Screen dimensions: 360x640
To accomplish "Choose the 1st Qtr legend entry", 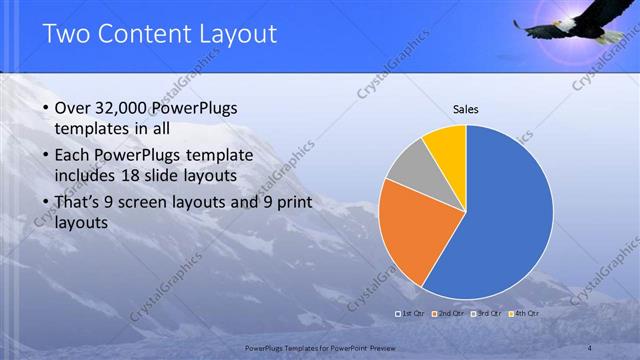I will (x=411, y=313).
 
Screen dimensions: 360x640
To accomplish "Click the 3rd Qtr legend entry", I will (x=487, y=313).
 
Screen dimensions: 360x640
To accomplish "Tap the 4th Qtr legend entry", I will (x=524, y=313).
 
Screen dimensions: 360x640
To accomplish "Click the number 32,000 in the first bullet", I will (x=127, y=107).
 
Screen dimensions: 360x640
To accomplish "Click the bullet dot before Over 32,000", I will (x=45, y=108).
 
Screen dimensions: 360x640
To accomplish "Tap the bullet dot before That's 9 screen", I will (x=45, y=204).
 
